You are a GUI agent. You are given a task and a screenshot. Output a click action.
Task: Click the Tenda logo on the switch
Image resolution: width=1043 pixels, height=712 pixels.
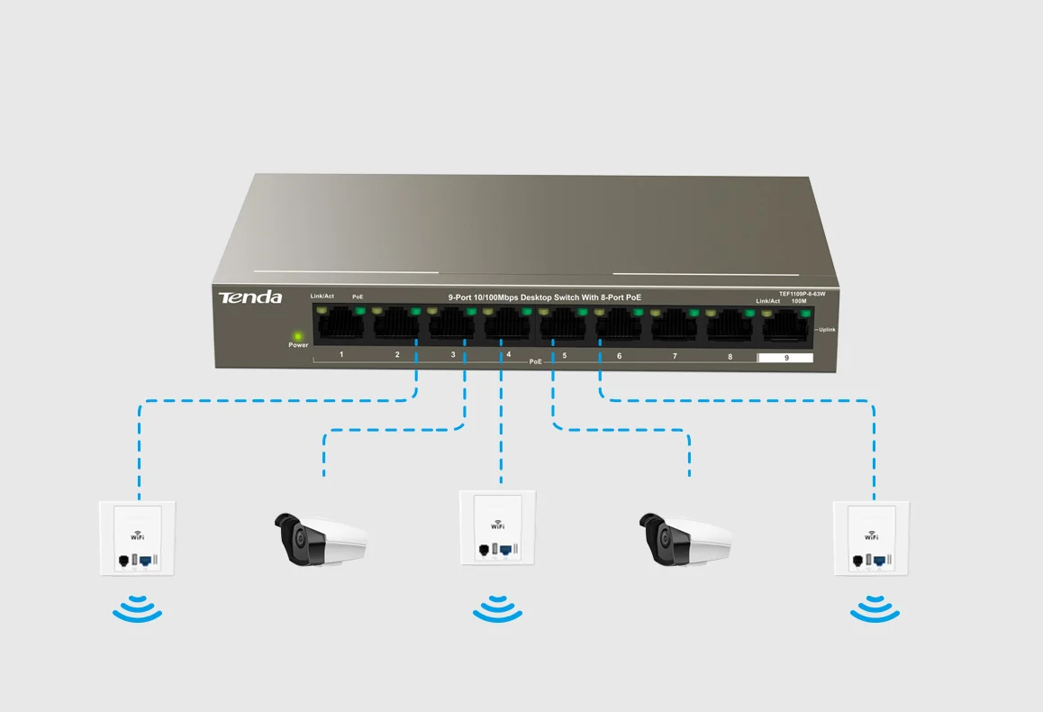[249, 297]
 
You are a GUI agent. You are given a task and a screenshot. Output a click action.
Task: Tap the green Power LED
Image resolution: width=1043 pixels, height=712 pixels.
[297, 335]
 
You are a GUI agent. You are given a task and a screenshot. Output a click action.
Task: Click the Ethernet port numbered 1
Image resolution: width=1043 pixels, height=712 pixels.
[340, 325]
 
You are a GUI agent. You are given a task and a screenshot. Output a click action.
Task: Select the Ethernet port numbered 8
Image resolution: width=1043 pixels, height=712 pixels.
[730, 326]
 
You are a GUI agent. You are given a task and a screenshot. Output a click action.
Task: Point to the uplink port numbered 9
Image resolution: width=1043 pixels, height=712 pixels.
[786, 327]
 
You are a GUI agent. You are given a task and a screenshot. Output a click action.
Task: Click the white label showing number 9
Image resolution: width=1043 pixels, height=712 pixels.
[785, 358]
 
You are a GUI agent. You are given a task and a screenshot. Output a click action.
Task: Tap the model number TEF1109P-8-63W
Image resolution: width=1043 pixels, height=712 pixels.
[789, 294]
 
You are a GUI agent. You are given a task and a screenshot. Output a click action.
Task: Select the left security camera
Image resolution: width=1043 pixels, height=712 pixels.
[320, 538]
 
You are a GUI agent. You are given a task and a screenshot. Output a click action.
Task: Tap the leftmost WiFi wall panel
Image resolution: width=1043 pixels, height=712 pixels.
[137, 539]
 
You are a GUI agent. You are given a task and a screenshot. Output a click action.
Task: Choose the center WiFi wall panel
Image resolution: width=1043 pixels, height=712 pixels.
[497, 528]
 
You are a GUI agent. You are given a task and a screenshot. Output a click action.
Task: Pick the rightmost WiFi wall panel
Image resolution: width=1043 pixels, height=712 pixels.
[870, 539]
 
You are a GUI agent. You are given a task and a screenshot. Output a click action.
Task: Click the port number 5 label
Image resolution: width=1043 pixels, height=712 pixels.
[565, 356]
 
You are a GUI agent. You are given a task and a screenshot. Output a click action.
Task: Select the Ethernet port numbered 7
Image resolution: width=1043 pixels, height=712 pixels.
[674, 326]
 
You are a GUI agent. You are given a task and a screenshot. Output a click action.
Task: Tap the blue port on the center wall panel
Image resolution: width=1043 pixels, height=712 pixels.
[506, 549]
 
